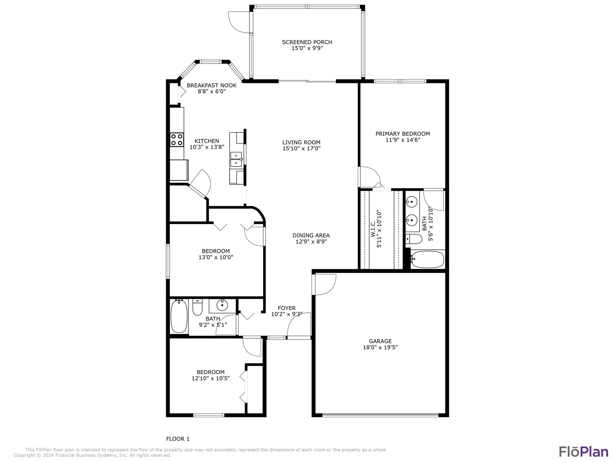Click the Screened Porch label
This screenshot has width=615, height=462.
pyautogui.click(x=307, y=42)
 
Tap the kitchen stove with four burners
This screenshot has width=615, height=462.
pyautogui.click(x=177, y=140)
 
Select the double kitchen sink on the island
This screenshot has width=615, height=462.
pyautogui.click(x=236, y=159)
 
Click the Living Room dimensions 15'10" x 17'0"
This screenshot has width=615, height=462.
pyautogui.click(x=301, y=148)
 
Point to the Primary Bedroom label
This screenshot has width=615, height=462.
pyautogui.click(x=403, y=134)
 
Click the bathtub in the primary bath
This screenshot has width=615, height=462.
pyautogui.click(x=428, y=260)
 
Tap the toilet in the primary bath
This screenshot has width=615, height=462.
pyautogui.click(x=414, y=239)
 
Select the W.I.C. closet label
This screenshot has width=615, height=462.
pyautogui.click(x=373, y=229)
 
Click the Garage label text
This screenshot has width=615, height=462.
pyautogui.click(x=380, y=341)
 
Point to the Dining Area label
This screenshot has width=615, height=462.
pyautogui.click(x=311, y=236)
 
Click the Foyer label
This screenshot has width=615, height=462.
pyautogui.click(x=286, y=308)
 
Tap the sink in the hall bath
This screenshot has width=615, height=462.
pyautogui.click(x=222, y=306)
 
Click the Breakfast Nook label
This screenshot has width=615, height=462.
pyautogui.click(x=212, y=85)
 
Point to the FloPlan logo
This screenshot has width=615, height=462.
pyautogui.click(x=583, y=451)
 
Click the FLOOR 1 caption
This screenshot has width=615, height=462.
pyautogui.click(x=178, y=439)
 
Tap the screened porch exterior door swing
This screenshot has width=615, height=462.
pyautogui.click(x=239, y=22)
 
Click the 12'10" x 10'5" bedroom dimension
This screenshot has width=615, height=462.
pyautogui.click(x=211, y=378)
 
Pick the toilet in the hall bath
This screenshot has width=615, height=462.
pyautogui.click(x=197, y=307)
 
